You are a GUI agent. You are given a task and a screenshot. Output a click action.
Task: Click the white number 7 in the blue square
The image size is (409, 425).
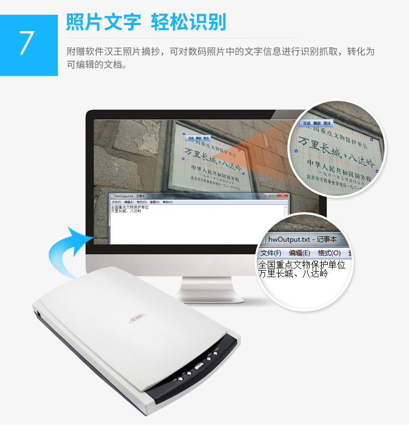(x=27, y=44)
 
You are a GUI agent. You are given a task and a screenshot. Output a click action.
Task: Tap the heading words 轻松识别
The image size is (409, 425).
(x=188, y=22)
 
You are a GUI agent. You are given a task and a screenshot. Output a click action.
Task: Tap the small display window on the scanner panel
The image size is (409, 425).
(x=200, y=366)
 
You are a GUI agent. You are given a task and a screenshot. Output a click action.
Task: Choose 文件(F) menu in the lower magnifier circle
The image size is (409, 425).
(x=271, y=253)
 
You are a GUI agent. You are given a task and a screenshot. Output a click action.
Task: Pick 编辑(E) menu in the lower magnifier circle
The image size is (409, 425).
(x=299, y=253)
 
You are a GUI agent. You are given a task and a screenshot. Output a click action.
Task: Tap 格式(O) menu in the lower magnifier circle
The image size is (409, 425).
(x=329, y=253)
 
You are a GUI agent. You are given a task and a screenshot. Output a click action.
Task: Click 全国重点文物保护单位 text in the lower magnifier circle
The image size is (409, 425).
(x=302, y=265)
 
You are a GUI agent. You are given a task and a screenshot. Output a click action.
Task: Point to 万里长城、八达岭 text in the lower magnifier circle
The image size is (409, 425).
(x=293, y=273)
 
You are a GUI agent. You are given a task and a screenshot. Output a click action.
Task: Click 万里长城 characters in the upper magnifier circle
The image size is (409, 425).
(x=324, y=147)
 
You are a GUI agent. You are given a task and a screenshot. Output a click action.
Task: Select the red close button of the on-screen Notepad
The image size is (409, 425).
(x=284, y=195)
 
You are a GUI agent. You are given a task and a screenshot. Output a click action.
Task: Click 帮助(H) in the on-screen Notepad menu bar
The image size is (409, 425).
(x=167, y=202)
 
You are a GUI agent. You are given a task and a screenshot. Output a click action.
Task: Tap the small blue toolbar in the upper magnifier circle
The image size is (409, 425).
(x=317, y=123)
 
